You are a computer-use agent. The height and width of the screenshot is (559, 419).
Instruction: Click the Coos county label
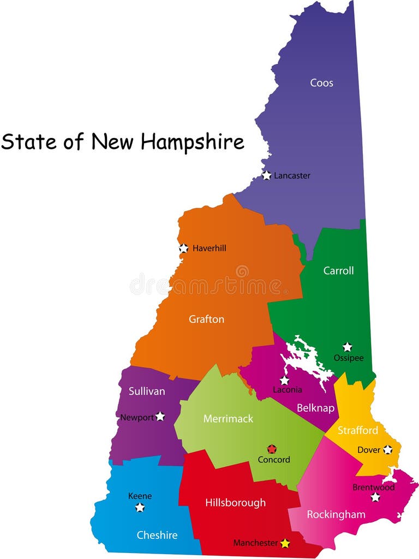(321, 83)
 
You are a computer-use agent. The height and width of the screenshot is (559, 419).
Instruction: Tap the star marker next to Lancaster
(266, 176)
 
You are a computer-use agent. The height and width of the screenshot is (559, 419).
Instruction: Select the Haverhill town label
(209, 248)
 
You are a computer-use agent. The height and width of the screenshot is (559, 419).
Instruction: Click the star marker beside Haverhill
(184, 248)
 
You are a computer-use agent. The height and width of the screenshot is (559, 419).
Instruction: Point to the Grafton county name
(206, 319)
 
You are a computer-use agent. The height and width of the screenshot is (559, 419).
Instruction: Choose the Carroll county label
(338, 271)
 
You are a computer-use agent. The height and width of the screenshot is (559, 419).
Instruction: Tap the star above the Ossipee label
(347, 347)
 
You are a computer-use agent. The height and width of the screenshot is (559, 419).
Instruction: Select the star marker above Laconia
(284, 381)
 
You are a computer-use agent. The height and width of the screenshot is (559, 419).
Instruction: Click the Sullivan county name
(147, 391)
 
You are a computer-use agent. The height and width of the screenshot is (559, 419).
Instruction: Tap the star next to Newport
(160, 416)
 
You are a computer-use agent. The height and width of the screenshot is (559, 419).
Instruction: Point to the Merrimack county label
(228, 418)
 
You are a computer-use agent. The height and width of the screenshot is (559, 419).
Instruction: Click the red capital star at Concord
(272, 449)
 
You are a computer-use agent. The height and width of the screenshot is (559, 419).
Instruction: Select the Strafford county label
(357, 430)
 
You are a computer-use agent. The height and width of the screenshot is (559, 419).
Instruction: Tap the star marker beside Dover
(387, 450)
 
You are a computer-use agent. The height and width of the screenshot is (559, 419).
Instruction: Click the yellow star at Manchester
(285, 543)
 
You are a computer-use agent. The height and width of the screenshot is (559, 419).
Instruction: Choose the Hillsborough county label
(235, 502)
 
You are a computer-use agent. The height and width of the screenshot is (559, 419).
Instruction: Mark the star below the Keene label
(140, 507)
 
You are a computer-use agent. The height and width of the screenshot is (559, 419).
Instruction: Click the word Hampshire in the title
(192, 142)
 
